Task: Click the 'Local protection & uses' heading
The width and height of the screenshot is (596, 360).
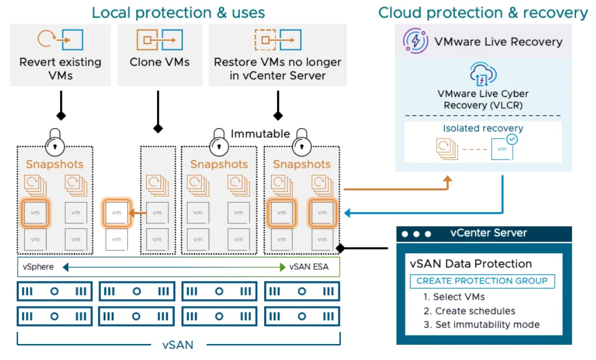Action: coord(178,12)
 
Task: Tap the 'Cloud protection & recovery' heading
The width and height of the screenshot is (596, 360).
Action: coord(483,12)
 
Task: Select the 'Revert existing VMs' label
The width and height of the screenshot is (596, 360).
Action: coord(61,69)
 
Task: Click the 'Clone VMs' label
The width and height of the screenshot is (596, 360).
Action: coord(160,62)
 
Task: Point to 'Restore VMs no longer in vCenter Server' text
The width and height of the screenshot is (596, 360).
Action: coord(277,69)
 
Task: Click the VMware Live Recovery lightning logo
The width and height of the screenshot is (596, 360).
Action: coord(416,41)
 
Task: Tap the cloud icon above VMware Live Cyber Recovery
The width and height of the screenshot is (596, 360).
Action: coord(483,74)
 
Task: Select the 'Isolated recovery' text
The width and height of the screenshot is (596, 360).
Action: coord(483,128)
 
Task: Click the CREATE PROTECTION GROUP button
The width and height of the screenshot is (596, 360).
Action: coord(482,281)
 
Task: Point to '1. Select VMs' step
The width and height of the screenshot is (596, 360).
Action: coord(454,297)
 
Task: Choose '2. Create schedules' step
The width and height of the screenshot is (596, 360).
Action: coord(470,311)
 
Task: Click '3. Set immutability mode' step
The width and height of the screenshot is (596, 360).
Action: coord(481,324)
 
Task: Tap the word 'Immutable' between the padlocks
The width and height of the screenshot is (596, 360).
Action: coord(260,134)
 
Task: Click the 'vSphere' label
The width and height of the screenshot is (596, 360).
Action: coord(38,266)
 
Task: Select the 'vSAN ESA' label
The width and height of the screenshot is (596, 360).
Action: coord(308,266)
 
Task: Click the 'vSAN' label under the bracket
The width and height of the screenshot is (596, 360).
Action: coord(178,345)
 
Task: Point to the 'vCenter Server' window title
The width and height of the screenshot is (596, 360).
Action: coord(488,232)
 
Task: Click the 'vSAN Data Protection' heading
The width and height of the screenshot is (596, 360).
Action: coord(471,264)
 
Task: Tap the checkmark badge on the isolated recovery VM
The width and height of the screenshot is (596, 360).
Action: coord(512,139)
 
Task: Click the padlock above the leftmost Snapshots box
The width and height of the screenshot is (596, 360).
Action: coord(55,142)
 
